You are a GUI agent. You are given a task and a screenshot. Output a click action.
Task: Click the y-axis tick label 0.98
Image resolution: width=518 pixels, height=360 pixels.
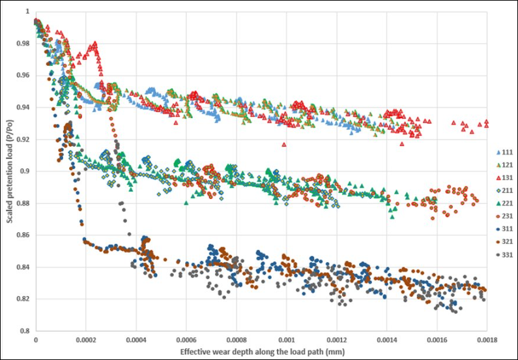click(x=23, y=44)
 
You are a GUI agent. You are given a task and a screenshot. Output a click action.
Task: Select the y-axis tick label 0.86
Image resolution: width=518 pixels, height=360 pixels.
click(x=23, y=235)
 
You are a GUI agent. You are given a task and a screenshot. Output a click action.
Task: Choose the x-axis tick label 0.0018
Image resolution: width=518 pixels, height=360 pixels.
click(x=487, y=340)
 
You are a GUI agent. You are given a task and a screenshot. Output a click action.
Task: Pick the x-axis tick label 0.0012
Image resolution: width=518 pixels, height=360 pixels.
click(x=337, y=340)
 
